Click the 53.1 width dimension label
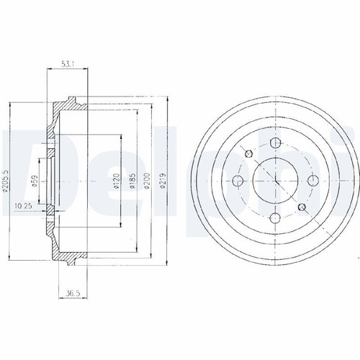68,64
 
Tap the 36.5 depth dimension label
73,293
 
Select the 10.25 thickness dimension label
23,206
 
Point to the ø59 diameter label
35,181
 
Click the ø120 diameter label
117,180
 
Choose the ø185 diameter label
132,180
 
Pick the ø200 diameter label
147,181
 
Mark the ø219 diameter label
163,181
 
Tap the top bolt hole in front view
275,143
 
